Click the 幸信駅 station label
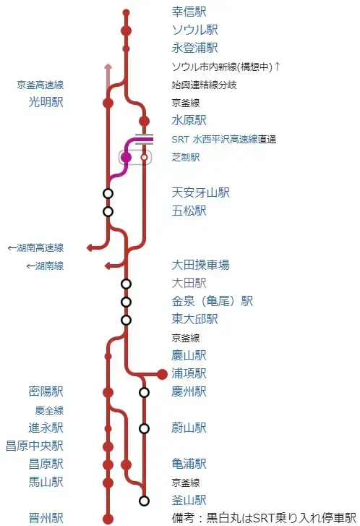coord(189,12)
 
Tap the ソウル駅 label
coord(194,30)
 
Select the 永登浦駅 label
coord(194,48)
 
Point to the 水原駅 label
coord(189,121)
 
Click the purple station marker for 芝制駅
coord(126,157)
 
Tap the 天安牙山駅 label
coord(200,193)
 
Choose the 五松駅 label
coord(189,211)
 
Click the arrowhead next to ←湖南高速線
coord(90,247)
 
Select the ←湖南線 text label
coord(44,266)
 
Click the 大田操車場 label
coord(200,266)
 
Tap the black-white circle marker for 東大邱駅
coord(126,320)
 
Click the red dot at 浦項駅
coord(163,374)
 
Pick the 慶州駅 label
coord(189,392)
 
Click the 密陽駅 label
coord(46,392)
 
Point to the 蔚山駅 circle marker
coord(144,428)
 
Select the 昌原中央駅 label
coord(34,446)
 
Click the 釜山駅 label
coord(189,501)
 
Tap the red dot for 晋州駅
coord(108,518)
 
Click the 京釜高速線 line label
coord(40,85)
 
